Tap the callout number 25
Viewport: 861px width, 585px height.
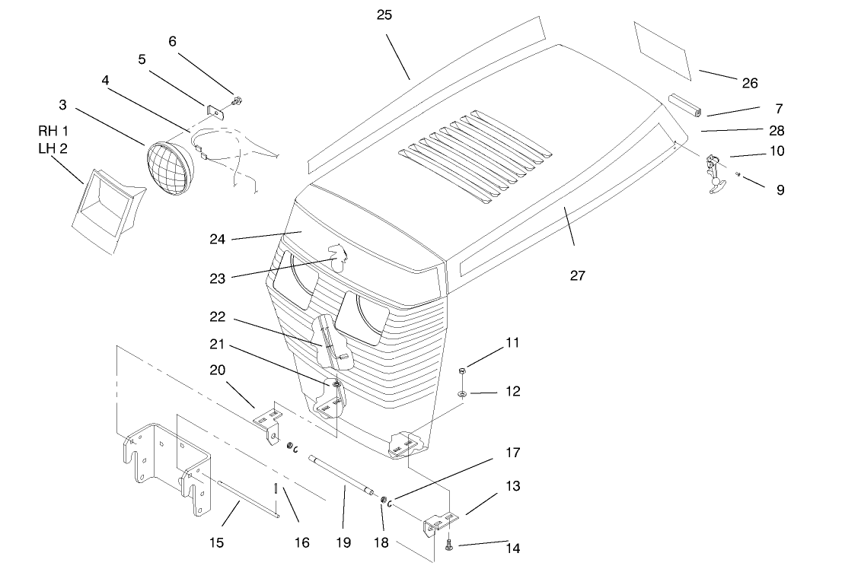point(384,14)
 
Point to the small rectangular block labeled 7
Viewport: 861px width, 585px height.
point(686,105)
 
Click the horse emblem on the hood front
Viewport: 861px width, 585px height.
point(336,256)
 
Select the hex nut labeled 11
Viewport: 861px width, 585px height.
point(463,370)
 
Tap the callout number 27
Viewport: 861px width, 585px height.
point(578,275)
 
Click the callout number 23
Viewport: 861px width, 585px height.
point(218,278)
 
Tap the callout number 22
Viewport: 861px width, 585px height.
point(218,316)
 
